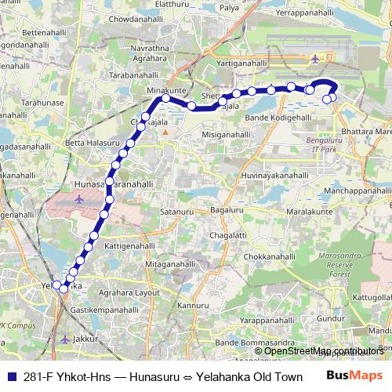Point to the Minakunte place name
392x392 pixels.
click(x=165, y=92)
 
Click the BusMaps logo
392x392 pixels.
click(x=357, y=375)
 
